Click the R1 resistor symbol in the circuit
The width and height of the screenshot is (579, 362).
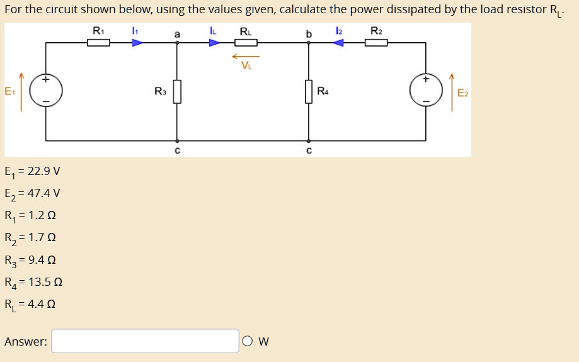click(98, 43)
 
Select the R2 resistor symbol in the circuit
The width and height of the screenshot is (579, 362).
click(375, 43)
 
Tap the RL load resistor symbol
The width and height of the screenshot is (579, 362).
click(246, 43)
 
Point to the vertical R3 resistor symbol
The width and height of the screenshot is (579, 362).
click(177, 91)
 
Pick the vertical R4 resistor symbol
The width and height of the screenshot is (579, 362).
click(309, 91)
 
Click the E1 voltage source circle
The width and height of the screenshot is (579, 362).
click(46, 91)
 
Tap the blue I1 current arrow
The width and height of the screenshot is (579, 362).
click(137, 43)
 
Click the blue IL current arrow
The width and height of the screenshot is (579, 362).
click(215, 43)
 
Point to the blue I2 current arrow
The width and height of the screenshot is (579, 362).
click(338, 43)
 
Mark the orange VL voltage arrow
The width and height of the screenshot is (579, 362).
click(245, 57)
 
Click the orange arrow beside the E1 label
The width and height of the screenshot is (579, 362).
click(21, 92)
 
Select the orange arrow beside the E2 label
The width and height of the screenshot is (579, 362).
click(451, 92)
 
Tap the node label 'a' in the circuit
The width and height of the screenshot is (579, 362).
click(177, 34)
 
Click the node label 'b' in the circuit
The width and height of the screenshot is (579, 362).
click(309, 34)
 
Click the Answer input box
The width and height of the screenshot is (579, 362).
click(146, 341)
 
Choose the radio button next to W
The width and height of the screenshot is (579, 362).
click(247, 341)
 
